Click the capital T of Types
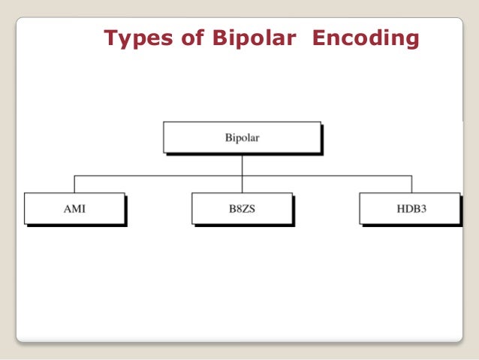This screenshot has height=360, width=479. [x=110, y=38]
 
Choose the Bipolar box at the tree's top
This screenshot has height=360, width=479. [x=242, y=138]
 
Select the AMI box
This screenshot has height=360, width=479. [x=74, y=208]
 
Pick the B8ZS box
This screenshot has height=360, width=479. [x=242, y=208]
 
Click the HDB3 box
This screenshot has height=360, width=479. [x=409, y=208]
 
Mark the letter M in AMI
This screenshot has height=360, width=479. [x=74, y=208]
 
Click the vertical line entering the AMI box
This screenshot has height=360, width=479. [x=74, y=184]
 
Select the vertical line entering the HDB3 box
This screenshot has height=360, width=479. [x=410, y=184]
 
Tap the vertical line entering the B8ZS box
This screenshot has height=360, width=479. [x=242, y=185]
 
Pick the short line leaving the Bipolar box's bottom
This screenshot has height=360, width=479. [x=242, y=164]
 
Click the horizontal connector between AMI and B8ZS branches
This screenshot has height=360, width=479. [x=158, y=175]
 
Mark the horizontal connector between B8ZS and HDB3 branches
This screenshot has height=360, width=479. [x=326, y=175]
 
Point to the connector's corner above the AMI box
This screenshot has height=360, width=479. [x=74, y=175]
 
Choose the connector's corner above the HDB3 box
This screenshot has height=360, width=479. [x=410, y=175]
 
